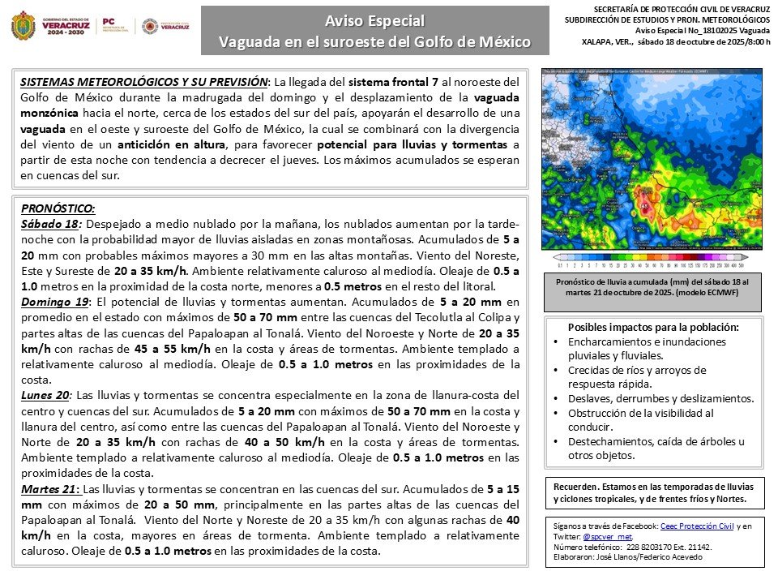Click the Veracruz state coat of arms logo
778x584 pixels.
[x=24, y=26]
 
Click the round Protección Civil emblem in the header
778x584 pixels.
[x=150, y=26]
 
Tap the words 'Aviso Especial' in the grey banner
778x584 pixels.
[x=374, y=20]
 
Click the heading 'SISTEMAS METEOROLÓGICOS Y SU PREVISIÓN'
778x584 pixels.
[x=143, y=82]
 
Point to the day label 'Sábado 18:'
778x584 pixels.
[x=50, y=224]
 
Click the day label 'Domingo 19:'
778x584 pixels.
[x=56, y=302]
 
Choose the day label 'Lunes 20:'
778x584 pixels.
[x=47, y=395]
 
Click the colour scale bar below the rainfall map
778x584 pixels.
[x=652, y=258]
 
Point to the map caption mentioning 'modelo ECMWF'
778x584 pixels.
[x=652, y=292]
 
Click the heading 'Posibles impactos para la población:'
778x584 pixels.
[x=653, y=327]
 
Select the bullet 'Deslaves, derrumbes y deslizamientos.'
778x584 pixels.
[x=661, y=398]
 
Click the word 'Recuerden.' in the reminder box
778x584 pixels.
[x=576, y=486]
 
